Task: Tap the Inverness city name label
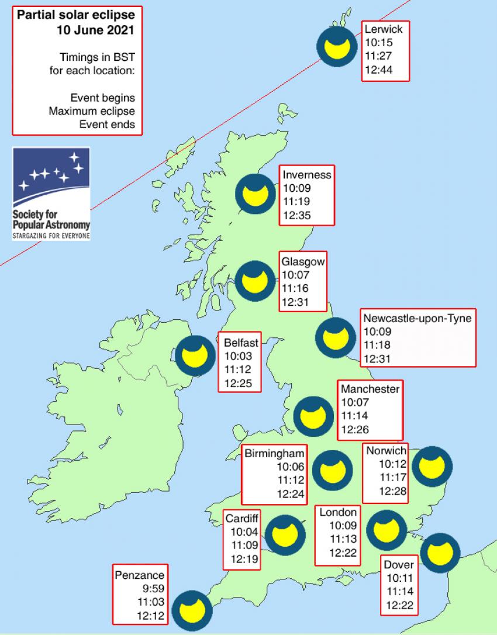[307, 175]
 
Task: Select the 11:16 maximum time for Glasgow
[295, 288]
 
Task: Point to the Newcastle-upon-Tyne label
[417, 318]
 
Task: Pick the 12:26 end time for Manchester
[354, 430]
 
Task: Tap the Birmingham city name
[275, 454]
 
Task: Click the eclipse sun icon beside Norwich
[432, 466]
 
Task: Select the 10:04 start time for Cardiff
[243, 532]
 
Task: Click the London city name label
[337, 512]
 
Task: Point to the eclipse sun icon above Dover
[440, 551]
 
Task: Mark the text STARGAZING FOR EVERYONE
[51, 236]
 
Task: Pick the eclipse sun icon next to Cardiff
[285, 533]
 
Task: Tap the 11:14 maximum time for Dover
[399, 592]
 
